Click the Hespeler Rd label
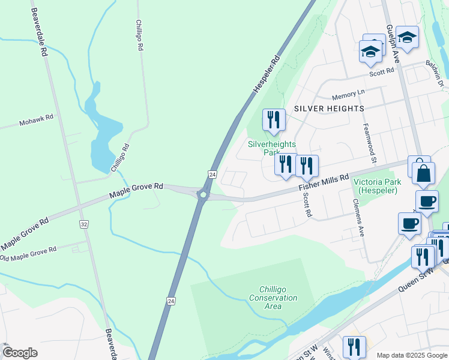point(267,74)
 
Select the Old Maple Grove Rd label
point(28,254)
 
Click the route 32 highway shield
point(83,224)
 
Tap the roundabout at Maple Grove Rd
point(203,194)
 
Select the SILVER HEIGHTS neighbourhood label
point(329,109)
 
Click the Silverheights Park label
point(272,148)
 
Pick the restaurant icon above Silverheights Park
point(273,119)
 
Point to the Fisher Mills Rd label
point(324,182)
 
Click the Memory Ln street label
point(348,95)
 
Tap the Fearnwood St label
point(369,144)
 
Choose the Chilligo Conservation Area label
point(273,298)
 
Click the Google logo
point(20,353)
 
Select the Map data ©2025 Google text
point(411,355)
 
